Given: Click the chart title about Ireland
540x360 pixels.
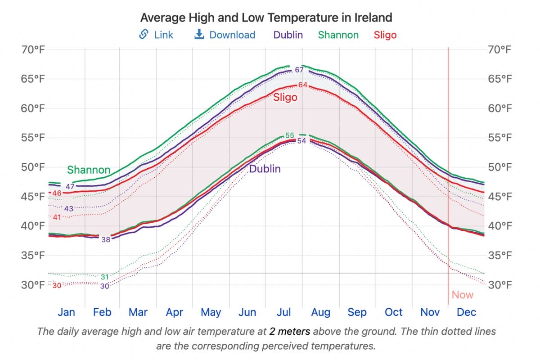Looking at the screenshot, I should [266, 18].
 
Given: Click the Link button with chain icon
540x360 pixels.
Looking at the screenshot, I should [156, 35].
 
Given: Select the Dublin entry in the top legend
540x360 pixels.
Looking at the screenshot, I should [288, 35].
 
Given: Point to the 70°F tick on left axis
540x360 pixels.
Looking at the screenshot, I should [34, 49].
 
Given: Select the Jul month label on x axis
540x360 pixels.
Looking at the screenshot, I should [283, 312].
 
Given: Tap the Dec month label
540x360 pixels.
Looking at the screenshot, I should [466, 312].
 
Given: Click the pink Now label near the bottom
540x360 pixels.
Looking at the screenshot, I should [463, 295].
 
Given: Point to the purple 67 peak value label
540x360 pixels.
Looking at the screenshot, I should [299, 70].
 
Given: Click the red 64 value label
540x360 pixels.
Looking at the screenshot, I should [302, 85].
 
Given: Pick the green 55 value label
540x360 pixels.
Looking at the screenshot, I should [290, 135].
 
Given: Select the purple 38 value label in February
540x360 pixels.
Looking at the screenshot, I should [106, 239].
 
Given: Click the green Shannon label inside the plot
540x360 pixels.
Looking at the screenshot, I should [89, 170].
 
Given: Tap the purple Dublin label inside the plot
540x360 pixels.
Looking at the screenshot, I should [265, 169].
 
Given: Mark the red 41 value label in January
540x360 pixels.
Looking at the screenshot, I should [57, 217].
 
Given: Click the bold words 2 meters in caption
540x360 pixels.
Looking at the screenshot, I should [289, 332].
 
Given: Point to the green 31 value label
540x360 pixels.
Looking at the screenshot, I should [105, 277].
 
